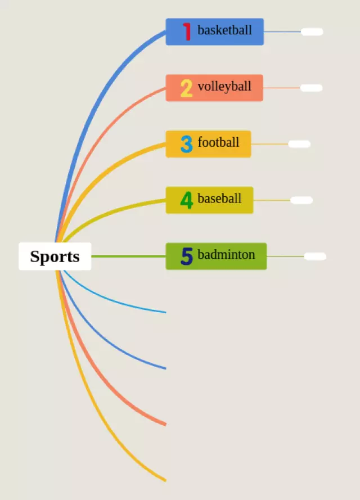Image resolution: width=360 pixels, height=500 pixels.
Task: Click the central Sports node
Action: pyautogui.click(x=55, y=256)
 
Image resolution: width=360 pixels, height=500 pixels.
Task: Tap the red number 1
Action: pyautogui.click(x=187, y=31)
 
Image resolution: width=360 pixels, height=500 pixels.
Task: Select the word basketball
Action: pyautogui.click(x=224, y=30)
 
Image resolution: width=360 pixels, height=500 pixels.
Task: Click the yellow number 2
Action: pyautogui.click(x=186, y=88)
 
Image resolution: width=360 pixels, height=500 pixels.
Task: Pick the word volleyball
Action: pyautogui.click(x=224, y=87)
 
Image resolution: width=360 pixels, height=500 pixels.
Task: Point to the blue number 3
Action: pyautogui.click(x=186, y=144)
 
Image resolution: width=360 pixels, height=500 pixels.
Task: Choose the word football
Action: pyautogui.click(x=218, y=142)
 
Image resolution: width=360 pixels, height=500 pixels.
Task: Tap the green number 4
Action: pyautogui.click(x=186, y=200)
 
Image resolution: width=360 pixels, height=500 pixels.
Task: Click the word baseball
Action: pyautogui.click(x=219, y=199)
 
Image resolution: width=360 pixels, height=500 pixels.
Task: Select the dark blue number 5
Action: pyautogui.click(x=186, y=256)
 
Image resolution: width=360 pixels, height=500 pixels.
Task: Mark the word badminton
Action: pyautogui.click(x=226, y=255)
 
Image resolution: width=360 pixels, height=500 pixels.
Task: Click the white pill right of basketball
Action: pyautogui.click(x=312, y=31)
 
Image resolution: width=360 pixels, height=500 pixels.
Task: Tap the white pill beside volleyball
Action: pyautogui.click(x=311, y=88)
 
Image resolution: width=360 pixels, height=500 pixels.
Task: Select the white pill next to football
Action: pyautogui.click(x=299, y=144)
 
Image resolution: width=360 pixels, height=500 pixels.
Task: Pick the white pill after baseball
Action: pyautogui.click(x=301, y=200)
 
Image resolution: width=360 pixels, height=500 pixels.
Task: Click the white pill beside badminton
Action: pyautogui.click(x=315, y=256)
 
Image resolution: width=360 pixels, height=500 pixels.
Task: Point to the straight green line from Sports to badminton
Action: pyautogui.click(x=128, y=256)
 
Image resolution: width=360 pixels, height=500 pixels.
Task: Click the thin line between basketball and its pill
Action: pyautogui.click(x=282, y=31)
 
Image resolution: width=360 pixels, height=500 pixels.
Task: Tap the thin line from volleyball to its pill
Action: pyautogui.click(x=281, y=88)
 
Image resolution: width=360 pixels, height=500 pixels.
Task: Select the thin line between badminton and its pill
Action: pyautogui.click(x=285, y=256)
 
